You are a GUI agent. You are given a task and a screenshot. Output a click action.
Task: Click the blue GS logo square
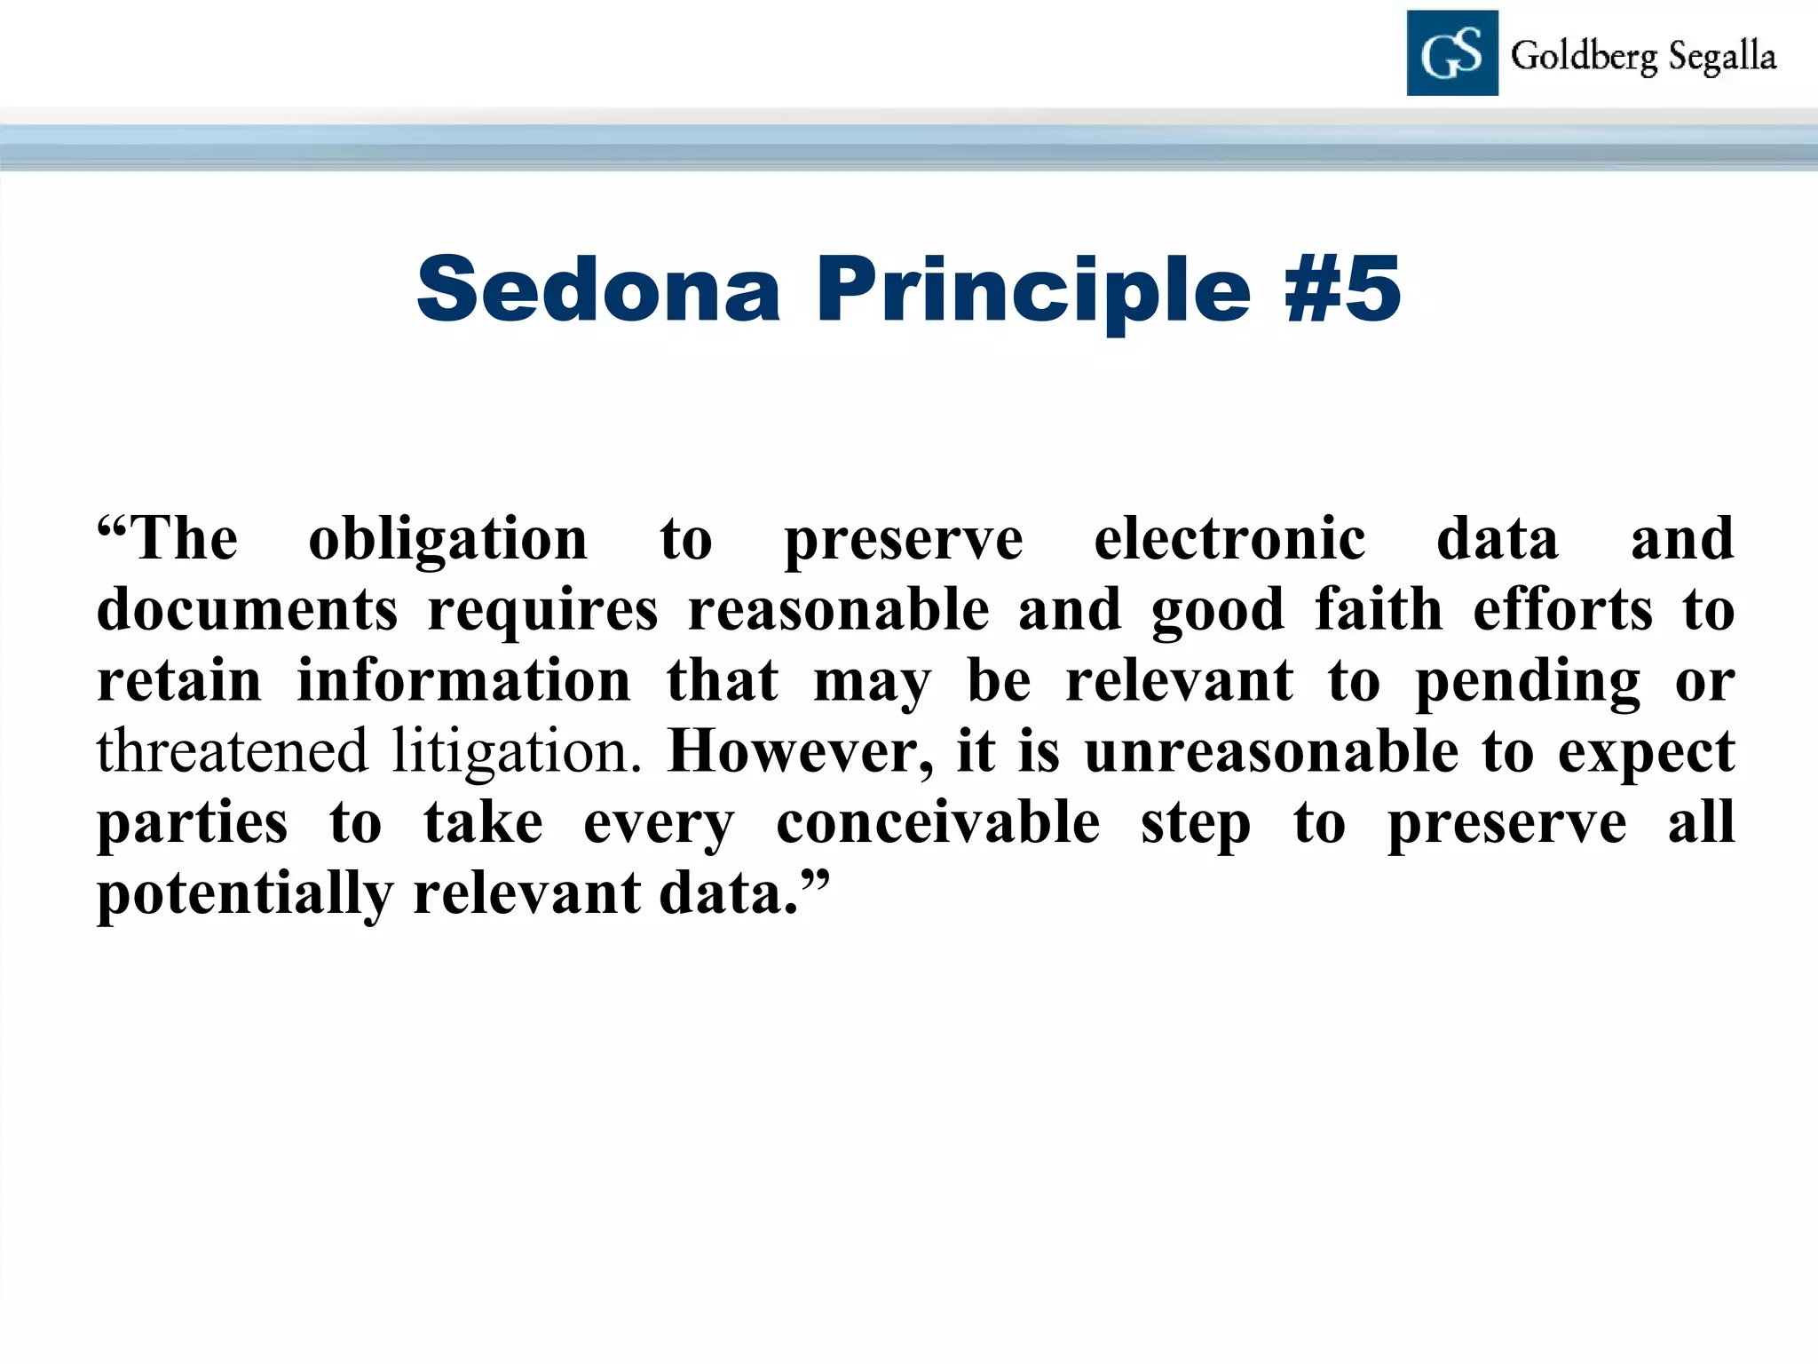click(1452, 53)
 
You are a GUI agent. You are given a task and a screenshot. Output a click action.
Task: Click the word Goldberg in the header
click(1585, 57)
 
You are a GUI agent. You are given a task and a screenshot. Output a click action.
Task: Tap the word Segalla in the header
click(1722, 57)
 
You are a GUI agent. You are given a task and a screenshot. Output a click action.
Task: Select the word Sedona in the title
click(599, 289)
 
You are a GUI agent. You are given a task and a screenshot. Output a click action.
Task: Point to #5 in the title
click(1342, 289)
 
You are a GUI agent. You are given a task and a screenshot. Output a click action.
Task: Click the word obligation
click(448, 540)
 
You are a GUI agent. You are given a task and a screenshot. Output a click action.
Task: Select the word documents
click(247, 610)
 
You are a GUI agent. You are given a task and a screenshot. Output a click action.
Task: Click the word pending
click(1528, 682)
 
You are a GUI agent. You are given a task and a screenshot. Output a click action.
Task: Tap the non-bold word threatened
click(232, 751)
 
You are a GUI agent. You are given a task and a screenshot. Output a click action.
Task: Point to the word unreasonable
click(1271, 751)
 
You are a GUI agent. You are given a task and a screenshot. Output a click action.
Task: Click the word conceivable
click(938, 822)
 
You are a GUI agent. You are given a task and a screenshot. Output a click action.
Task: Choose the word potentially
click(244, 893)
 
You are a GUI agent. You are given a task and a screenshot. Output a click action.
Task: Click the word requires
click(543, 611)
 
